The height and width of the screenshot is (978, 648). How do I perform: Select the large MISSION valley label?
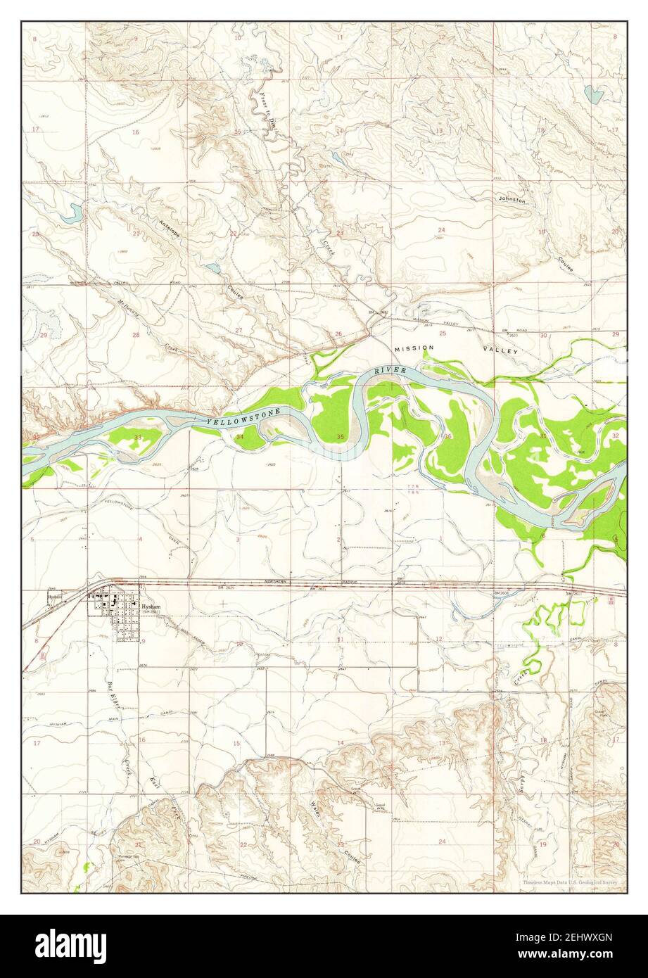point(414,348)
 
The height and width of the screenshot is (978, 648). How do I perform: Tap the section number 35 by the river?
point(341,437)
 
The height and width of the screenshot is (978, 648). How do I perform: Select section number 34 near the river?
point(241,437)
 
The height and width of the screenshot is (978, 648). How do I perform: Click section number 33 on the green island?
point(138,437)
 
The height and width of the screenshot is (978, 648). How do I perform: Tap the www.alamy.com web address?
point(578,955)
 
